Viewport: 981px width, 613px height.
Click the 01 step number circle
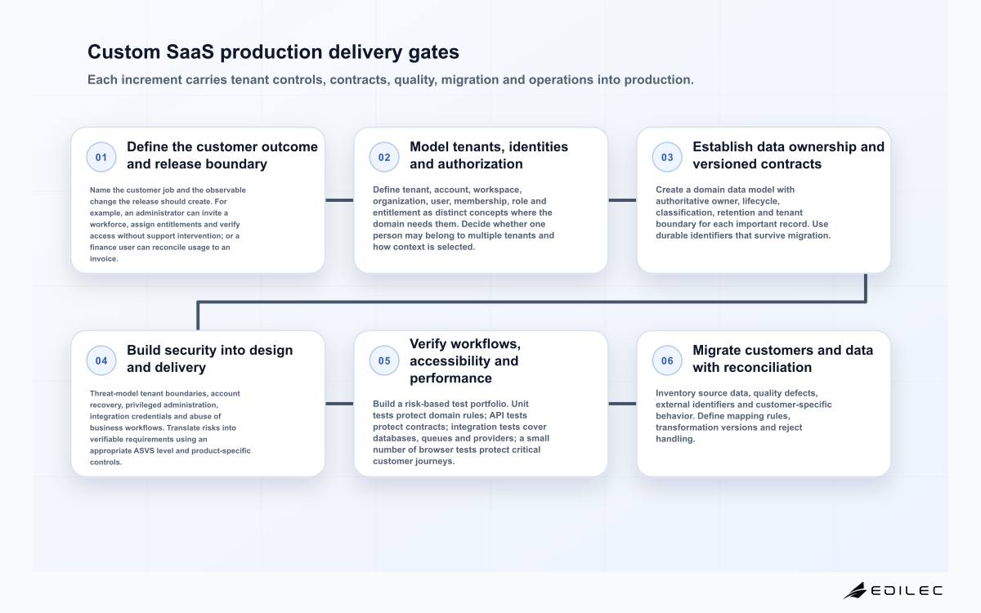coord(101,157)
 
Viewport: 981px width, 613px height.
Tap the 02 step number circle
coord(384,157)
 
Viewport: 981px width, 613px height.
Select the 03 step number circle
coord(667,157)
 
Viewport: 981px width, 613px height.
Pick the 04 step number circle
coord(101,360)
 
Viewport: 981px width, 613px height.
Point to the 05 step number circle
coord(384,360)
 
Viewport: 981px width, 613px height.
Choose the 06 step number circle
coord(667,360)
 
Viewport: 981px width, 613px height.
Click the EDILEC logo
coord(893,591)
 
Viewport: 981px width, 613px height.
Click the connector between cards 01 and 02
coord(339,200)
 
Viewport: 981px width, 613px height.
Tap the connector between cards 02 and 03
coord(622,200)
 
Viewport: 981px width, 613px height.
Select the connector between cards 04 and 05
coord(339,404)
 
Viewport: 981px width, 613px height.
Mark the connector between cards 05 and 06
coord(622,404)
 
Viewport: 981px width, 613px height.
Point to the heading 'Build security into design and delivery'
coord(210,359)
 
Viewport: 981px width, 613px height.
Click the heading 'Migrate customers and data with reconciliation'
coord(782,359)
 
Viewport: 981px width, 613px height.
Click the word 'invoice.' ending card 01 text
coord(104,259)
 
